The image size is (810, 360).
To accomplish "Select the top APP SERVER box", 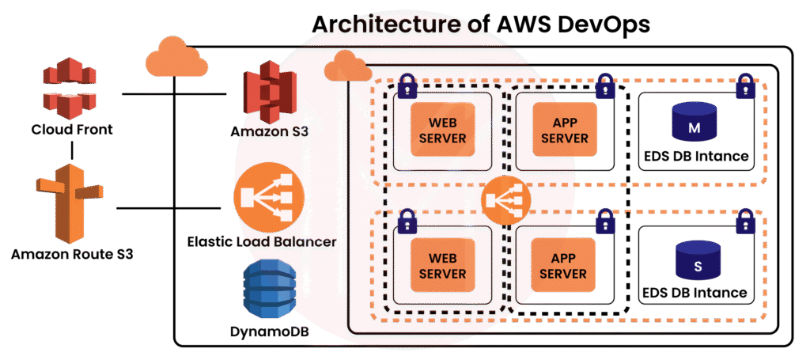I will pos(560,131).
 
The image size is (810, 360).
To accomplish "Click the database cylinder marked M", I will pos(693,123).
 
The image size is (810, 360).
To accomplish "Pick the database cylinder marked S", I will pos(697,262).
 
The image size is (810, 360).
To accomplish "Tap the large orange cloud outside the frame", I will pos(172,57).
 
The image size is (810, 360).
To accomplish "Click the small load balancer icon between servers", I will pos(505,201).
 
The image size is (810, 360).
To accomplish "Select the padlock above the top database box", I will pos(744,85).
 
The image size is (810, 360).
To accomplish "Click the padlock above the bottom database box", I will pos(744,222).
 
